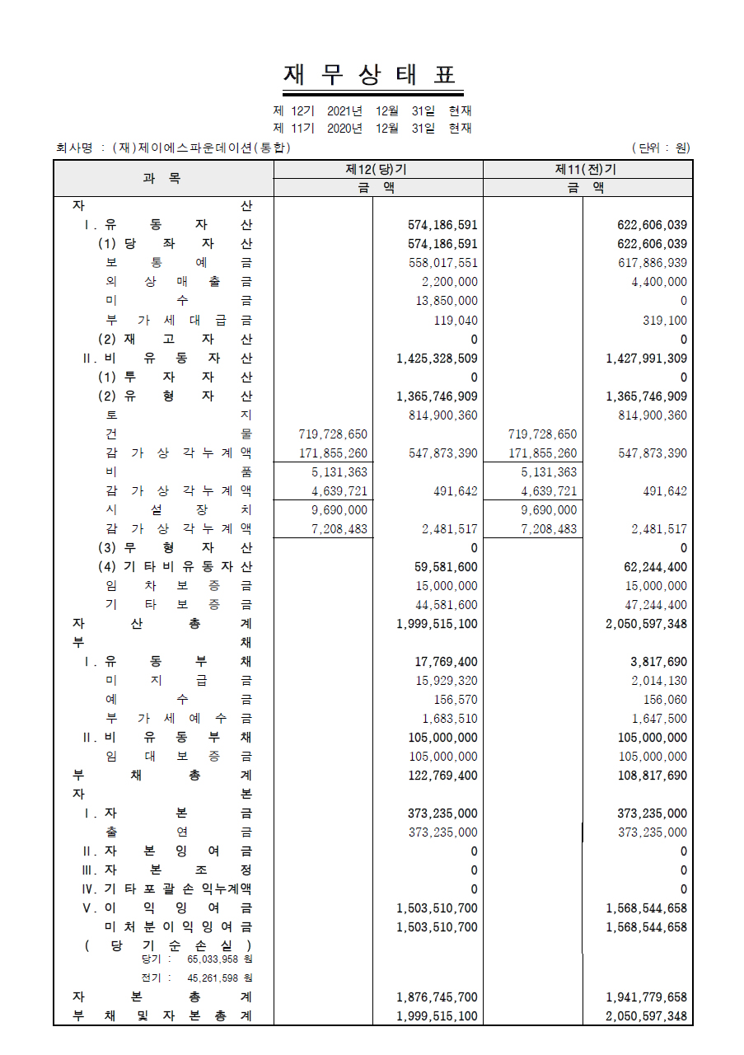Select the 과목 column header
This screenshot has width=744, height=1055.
point(162,178)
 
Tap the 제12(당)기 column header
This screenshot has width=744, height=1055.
point(377,170)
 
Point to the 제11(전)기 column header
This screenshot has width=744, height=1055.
point(587,170)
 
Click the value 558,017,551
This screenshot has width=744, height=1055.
point(442,263)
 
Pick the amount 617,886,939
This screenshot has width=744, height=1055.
point(652,263)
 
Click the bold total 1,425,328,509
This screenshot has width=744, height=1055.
point(437,359)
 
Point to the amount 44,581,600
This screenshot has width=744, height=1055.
point(446,605)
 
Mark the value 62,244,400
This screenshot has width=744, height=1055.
point(652,567)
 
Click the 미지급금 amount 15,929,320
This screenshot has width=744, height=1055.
point(446,681)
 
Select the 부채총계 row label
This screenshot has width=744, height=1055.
point(162,776)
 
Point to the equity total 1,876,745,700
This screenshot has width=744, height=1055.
point(437,997)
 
